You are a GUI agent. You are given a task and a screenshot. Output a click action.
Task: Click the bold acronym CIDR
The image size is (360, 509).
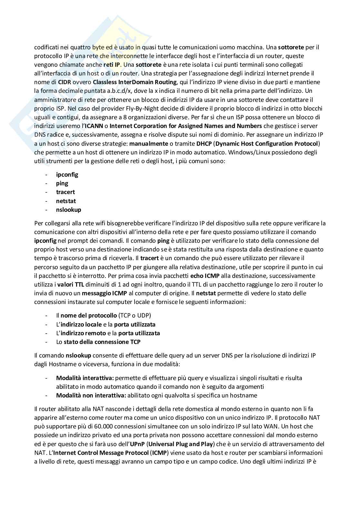tap(65, 82)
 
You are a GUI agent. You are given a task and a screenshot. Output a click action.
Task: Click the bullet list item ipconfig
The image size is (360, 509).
tap(67, 175)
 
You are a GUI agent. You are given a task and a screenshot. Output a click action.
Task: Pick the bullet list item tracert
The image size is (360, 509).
tap(65, 192)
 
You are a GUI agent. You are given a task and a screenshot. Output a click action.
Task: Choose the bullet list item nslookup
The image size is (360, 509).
tap(69, 210)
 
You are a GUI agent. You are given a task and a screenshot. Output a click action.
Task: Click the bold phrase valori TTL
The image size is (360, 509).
tap(70, 285)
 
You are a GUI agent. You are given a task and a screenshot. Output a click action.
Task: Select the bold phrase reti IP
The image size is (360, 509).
tap(112, 64)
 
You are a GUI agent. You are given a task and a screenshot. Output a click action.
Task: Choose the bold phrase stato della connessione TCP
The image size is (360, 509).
tap(102, 342)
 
